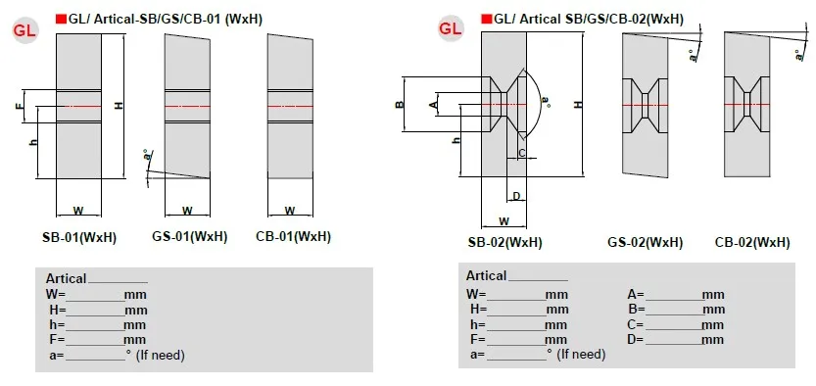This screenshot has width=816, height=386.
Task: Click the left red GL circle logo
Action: (x=24, y=30)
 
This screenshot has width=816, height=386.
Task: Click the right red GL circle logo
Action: (x=451, y=28)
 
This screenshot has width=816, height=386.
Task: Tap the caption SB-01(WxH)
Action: (x=79, y=237)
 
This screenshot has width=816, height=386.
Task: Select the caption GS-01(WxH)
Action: (x=190, y=237)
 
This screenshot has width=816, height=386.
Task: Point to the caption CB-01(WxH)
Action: (x=294, y=237)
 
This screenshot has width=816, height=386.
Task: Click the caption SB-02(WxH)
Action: (x=504, y=242)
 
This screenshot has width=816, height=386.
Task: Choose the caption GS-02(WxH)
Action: (x=645, y=242)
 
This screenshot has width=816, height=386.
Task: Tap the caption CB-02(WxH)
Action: (x=752, y=242)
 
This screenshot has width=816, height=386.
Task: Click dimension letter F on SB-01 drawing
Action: (x=21, y=107)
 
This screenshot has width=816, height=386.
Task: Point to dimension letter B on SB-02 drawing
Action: (x=400, y=105)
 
